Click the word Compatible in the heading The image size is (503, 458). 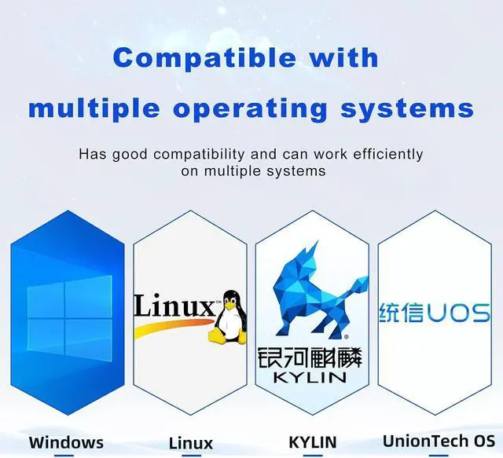click(x=204, y=58)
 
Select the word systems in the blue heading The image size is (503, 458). click(x=407, y=108)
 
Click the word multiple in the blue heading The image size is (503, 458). click(x=94, y=109)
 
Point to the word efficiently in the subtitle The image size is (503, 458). click(x=387, y=155)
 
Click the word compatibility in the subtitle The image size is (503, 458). click(x=199, y=155)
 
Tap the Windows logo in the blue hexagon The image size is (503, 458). click(x=70, y=318)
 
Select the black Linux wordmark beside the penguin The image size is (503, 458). click(x=174, y=304)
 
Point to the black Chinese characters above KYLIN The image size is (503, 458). click(x=310, y=357)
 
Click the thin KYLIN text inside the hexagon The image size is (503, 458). click(x=310, y=378)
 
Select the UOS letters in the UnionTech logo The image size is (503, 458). click(x=458, y=313)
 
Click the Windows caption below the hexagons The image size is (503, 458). click(x=66, y=442)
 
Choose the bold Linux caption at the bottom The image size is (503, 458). click(x=191, y=444)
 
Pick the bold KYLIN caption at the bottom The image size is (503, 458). click(x=313, y=442)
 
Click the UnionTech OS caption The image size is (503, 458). click(x=439, y=441)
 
